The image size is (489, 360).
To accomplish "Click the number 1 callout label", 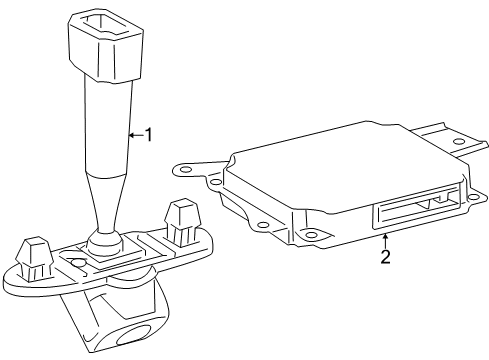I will [149, 134].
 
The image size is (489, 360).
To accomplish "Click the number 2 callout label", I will [386, 256].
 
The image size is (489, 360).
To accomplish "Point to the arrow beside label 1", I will [136, 134].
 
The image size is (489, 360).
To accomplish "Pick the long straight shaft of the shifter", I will [106, 125].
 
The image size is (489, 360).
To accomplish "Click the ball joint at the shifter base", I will [103, 241].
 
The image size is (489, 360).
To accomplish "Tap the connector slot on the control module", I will [410, 211].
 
